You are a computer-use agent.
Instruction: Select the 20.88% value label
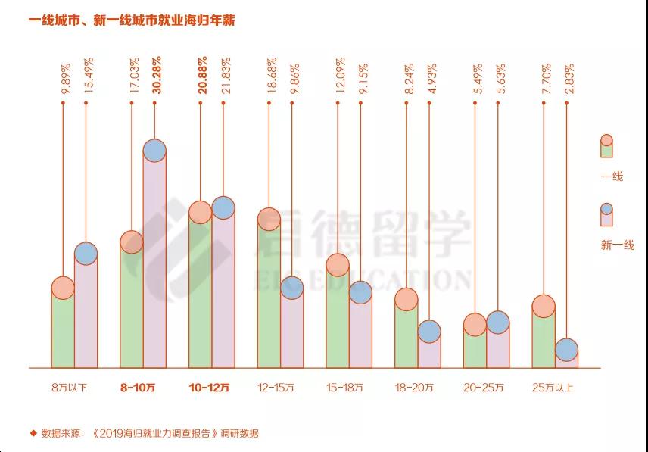click(x=202, y=75)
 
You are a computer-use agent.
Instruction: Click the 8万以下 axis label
click(x=69, y=388)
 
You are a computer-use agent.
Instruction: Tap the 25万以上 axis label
click(x=553, y=388)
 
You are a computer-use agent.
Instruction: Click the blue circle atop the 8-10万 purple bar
click(x=154, y=150)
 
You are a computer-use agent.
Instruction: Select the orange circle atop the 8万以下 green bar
click(x=63, y=288)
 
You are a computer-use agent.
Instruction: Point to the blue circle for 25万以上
click(x=566, y=350)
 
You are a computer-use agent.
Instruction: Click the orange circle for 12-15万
click(x=269, y=220)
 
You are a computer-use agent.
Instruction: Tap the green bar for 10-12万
click(x=200, y=295)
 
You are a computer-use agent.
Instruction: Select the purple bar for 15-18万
click(x=360, y=333)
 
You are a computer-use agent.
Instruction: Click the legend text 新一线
click(x=617, y=245)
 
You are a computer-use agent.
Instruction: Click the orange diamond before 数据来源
click(x=33, y=433)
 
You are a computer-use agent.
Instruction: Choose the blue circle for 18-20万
click(x=429, y=331)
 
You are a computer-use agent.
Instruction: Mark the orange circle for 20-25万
click(x=475, y=325)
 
